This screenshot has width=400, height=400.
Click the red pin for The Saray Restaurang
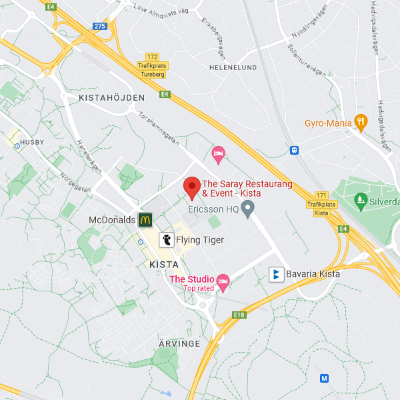pos(192,187)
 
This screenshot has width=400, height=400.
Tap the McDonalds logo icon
pos(145,219)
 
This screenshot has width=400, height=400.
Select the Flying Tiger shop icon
pos(166,239)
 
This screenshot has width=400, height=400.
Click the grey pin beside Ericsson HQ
pos(248,211)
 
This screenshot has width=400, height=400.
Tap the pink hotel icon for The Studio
pos(223,282)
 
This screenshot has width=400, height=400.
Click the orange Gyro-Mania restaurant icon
pos(361,122)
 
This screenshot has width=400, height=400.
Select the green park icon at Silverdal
pos(361,200)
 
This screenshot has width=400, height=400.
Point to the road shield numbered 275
pos(100,26)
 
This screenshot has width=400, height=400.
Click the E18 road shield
pos(239,314)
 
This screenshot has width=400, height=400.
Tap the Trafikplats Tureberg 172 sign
pos(153,66)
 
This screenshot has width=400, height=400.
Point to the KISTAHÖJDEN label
pos(111,97)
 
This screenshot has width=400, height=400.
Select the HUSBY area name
pos(31,142)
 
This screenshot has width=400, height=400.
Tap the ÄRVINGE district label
pos(179,343)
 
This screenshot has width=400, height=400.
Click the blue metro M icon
pos(325,378)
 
